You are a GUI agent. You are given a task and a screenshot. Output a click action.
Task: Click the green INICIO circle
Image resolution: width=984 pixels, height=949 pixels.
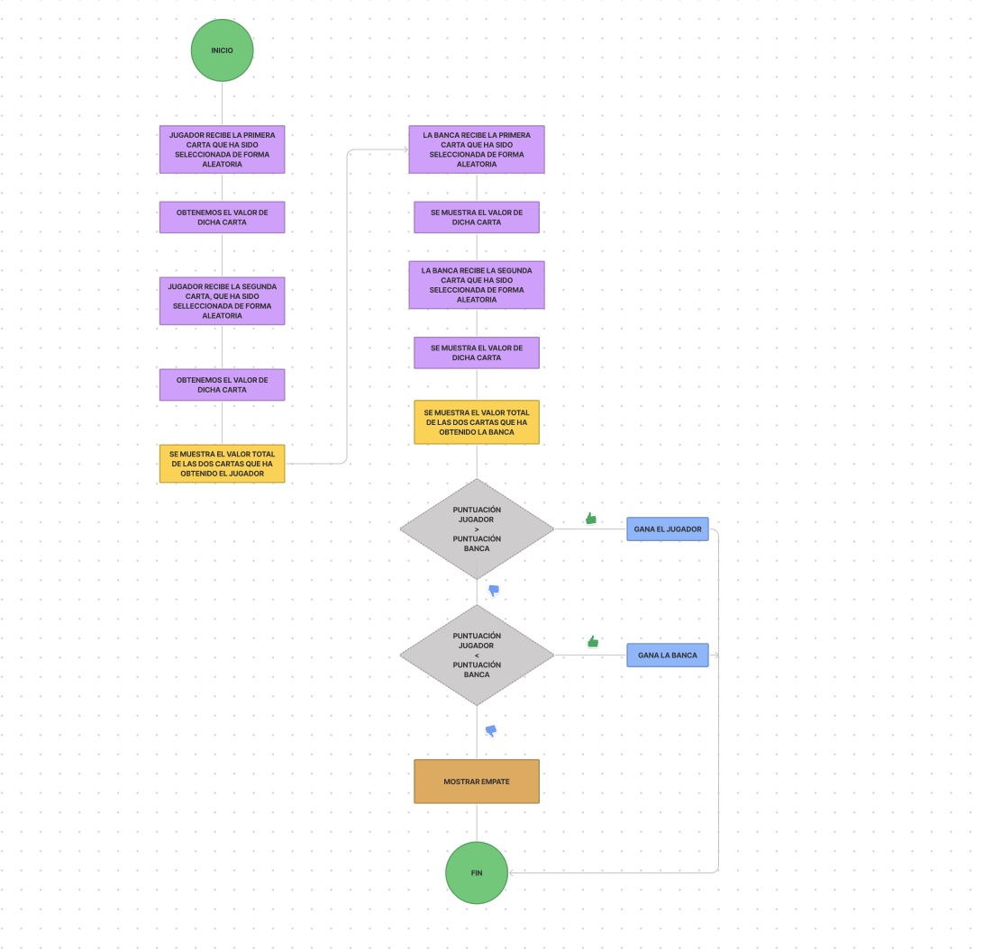(x=222, y=50)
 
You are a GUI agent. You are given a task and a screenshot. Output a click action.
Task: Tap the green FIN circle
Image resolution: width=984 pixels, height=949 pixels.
(x=477, y=872)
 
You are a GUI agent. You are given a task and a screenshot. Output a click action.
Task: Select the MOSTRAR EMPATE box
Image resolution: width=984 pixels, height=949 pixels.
(x=477, y=782)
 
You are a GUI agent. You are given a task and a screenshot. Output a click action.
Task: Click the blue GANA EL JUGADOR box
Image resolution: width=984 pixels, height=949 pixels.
(x=668, y=529)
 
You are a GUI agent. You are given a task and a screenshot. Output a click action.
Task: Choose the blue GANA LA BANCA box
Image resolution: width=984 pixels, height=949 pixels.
(x=668, y=655)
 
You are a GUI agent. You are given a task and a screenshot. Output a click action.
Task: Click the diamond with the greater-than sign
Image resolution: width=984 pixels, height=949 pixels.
(x=477, y=529)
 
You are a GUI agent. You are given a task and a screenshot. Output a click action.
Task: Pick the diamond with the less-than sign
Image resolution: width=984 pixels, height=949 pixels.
(x=477, y=655)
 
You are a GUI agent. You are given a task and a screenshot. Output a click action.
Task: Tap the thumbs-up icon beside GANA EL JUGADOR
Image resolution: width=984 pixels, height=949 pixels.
(x=591, y=519)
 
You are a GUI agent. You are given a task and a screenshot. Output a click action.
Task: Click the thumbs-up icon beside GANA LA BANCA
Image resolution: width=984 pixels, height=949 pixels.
(x=593, y=642)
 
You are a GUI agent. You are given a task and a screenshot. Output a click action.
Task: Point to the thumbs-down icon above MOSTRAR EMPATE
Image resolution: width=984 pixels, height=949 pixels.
(x=491, y=730)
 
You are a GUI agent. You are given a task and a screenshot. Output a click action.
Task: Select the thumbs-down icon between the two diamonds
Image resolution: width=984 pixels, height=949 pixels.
(x=494, y=591)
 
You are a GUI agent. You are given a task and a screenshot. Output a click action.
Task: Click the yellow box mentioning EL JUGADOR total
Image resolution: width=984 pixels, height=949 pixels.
(x=222, y=464)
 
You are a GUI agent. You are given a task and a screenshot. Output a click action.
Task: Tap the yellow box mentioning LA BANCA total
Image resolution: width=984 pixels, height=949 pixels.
(x=477, y=422)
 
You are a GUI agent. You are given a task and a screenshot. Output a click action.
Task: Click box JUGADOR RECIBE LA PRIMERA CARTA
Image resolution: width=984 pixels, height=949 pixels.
(x=222, y=149)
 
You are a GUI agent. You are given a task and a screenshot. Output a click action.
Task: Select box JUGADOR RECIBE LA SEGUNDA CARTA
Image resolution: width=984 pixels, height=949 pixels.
(x=222, y=301)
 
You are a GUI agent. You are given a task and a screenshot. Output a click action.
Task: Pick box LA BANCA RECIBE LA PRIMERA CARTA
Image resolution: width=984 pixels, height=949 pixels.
(x=477, y=149)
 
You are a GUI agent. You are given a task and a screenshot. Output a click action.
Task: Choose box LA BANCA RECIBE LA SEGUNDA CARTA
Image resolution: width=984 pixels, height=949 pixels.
(x=477, y=285)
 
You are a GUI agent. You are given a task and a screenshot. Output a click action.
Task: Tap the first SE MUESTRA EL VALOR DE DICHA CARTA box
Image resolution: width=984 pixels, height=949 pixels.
(x=477, y=217)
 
